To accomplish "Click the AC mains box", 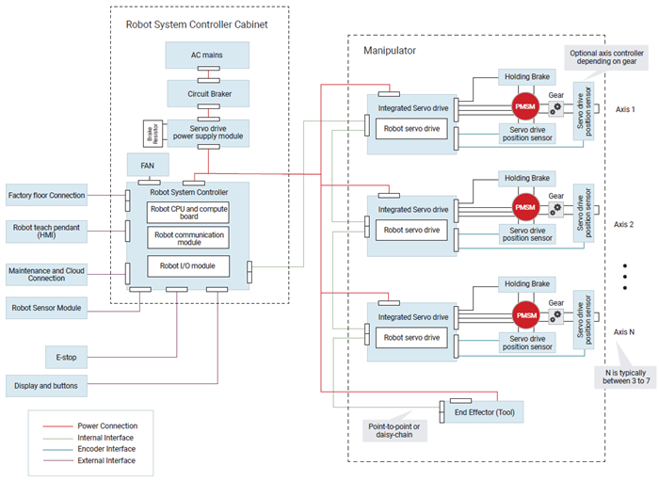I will click(x=208, y=55).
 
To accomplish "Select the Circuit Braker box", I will click(x=208, y=94).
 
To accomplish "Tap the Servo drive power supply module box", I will click(x=208, y=132).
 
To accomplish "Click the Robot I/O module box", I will click(x=188, y=266).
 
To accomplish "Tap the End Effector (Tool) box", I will click(x=486, y=412).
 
